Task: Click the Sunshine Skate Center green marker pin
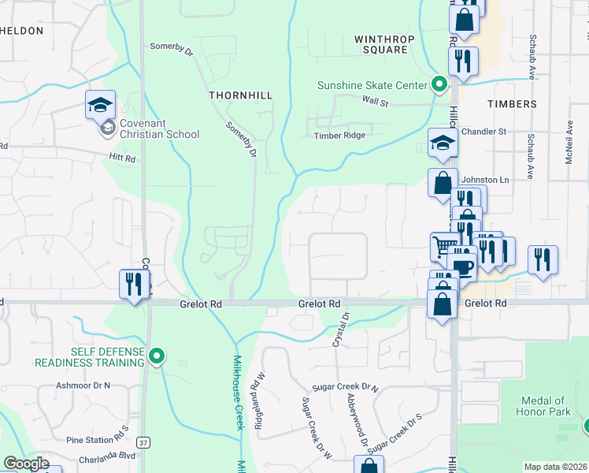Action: (x=439, y=84)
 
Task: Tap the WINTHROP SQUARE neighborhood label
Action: (x=381, y=43)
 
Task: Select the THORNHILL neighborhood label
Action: (x=240, y=95)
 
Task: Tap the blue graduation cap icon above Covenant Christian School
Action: (x=101, y=105)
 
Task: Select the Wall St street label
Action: (x=376, y=101)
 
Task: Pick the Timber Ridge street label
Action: (x=339, y=136)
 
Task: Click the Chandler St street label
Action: (x=483, y=132)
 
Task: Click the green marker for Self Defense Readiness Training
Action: (x=157, y=357)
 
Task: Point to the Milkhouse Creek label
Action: (x=239, y=393)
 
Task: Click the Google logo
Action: (x=26, y=464)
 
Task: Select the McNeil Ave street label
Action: (x=569, y=137)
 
